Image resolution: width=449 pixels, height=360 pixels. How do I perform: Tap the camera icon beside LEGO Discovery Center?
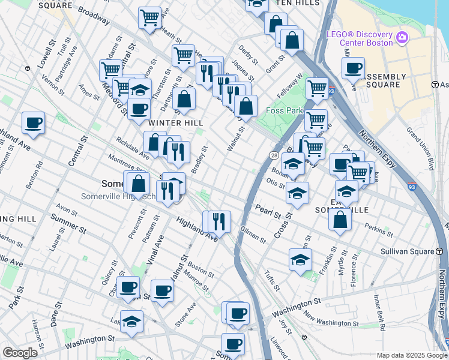[402, 38]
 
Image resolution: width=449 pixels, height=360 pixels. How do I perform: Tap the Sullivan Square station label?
[408, 253]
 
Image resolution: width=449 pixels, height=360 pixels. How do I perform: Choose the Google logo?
[19, 353]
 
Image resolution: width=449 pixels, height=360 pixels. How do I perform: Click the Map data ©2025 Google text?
[411, 355]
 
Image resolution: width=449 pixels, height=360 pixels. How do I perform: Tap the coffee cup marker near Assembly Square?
[354, 68]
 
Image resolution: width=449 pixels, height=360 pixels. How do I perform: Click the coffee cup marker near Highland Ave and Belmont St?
[33, 123]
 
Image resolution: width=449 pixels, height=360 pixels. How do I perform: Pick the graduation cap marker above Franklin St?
[300, 260]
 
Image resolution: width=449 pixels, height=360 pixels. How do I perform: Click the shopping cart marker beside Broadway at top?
[149, 17]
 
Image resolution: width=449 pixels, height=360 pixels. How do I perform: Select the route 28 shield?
[273, 156]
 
